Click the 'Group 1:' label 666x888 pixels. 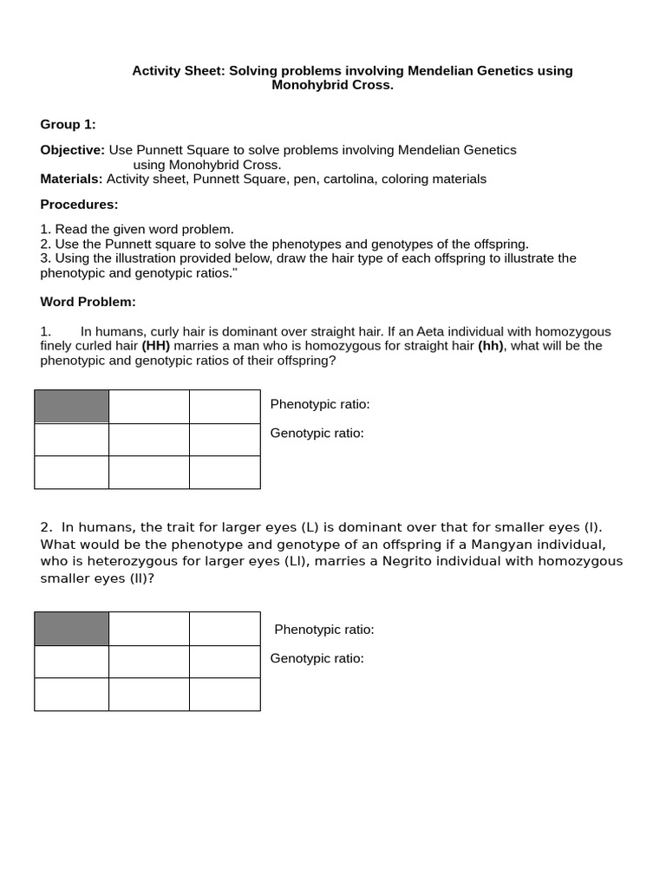(68, 125)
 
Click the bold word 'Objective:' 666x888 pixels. (73, 150)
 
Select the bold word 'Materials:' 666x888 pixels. (71, 179)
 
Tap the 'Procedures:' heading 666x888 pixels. (79, 205)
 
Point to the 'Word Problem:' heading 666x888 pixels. (88, 302)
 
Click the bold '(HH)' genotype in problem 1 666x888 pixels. (155, 346)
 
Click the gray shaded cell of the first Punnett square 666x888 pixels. (72, 407)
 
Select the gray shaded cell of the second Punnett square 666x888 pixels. (72, 629)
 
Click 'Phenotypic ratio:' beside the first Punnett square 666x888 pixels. (320, 405)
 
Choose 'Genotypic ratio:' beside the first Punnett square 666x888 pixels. (317, 434)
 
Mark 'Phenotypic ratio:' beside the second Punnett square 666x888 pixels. (324, 630)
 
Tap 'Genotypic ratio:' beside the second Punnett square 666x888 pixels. (317, 658)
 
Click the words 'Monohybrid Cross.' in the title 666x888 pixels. (332, 85)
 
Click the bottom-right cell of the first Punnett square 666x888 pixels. (224, 473)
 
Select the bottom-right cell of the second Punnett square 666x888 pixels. (224, 695)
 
